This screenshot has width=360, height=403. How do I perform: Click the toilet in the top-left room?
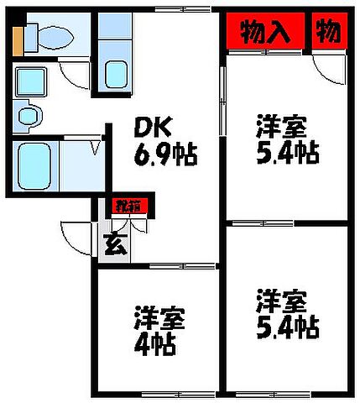(54, 35)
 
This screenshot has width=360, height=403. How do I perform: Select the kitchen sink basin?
(116, 74)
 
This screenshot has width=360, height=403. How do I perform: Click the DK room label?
(154, 128)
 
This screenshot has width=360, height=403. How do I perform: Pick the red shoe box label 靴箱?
(128, 204)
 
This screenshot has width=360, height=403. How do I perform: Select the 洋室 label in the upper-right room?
(281, 128)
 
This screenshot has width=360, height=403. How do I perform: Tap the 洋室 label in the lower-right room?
(281, 300)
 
